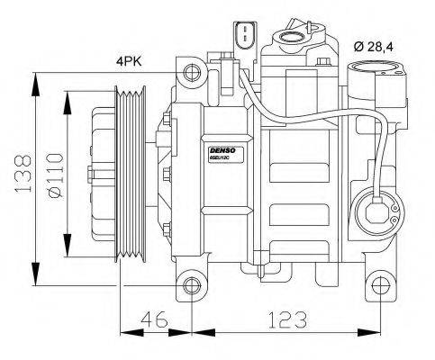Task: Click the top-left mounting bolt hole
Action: click(189, 71)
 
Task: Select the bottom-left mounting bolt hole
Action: click(189, 286)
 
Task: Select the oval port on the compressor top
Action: click(293, 38)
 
